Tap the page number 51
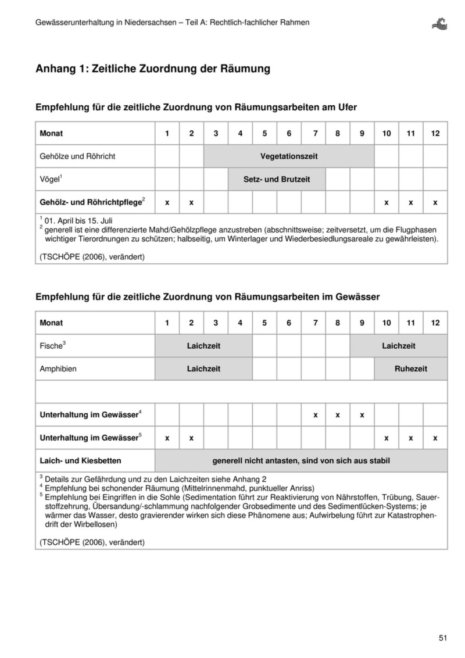(443, 638)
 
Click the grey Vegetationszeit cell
(289, 156)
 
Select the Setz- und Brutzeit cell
(276, 179)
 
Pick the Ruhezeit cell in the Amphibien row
(411, 369)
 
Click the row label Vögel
(51, 179)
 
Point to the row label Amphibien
(58, 369)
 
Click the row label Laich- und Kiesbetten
(80, 460)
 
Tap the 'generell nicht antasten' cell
(301, 460)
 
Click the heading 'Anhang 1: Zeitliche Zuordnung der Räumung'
(153, 69)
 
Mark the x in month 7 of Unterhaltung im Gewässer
(315, 415)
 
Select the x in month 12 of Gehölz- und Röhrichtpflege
(435, 202)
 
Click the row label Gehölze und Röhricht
(77, 156)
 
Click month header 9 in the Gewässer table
(362, 323)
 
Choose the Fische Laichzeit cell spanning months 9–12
(398, 346)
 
